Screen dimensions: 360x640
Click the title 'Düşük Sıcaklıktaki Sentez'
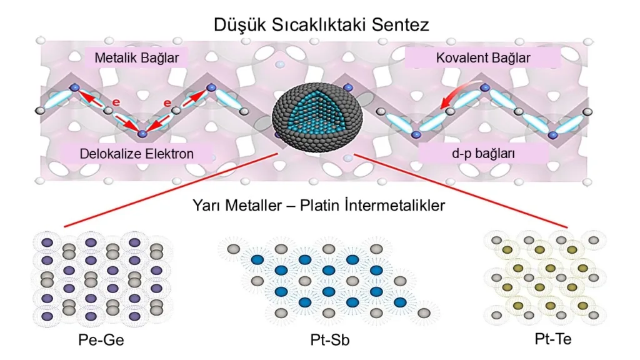tap(319, 26)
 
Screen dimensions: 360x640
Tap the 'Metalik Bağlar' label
tap(137, 58)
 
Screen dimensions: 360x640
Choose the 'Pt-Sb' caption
tap(325, 341)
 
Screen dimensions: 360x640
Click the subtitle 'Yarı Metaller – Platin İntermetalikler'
tap(320, 205)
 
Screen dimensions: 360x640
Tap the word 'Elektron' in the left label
tap(176, 153)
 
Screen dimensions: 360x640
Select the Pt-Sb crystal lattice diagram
tap(325, 281)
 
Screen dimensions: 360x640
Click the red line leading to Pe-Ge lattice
tap(169, 189)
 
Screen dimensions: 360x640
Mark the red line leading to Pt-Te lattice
tap(462, 191)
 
